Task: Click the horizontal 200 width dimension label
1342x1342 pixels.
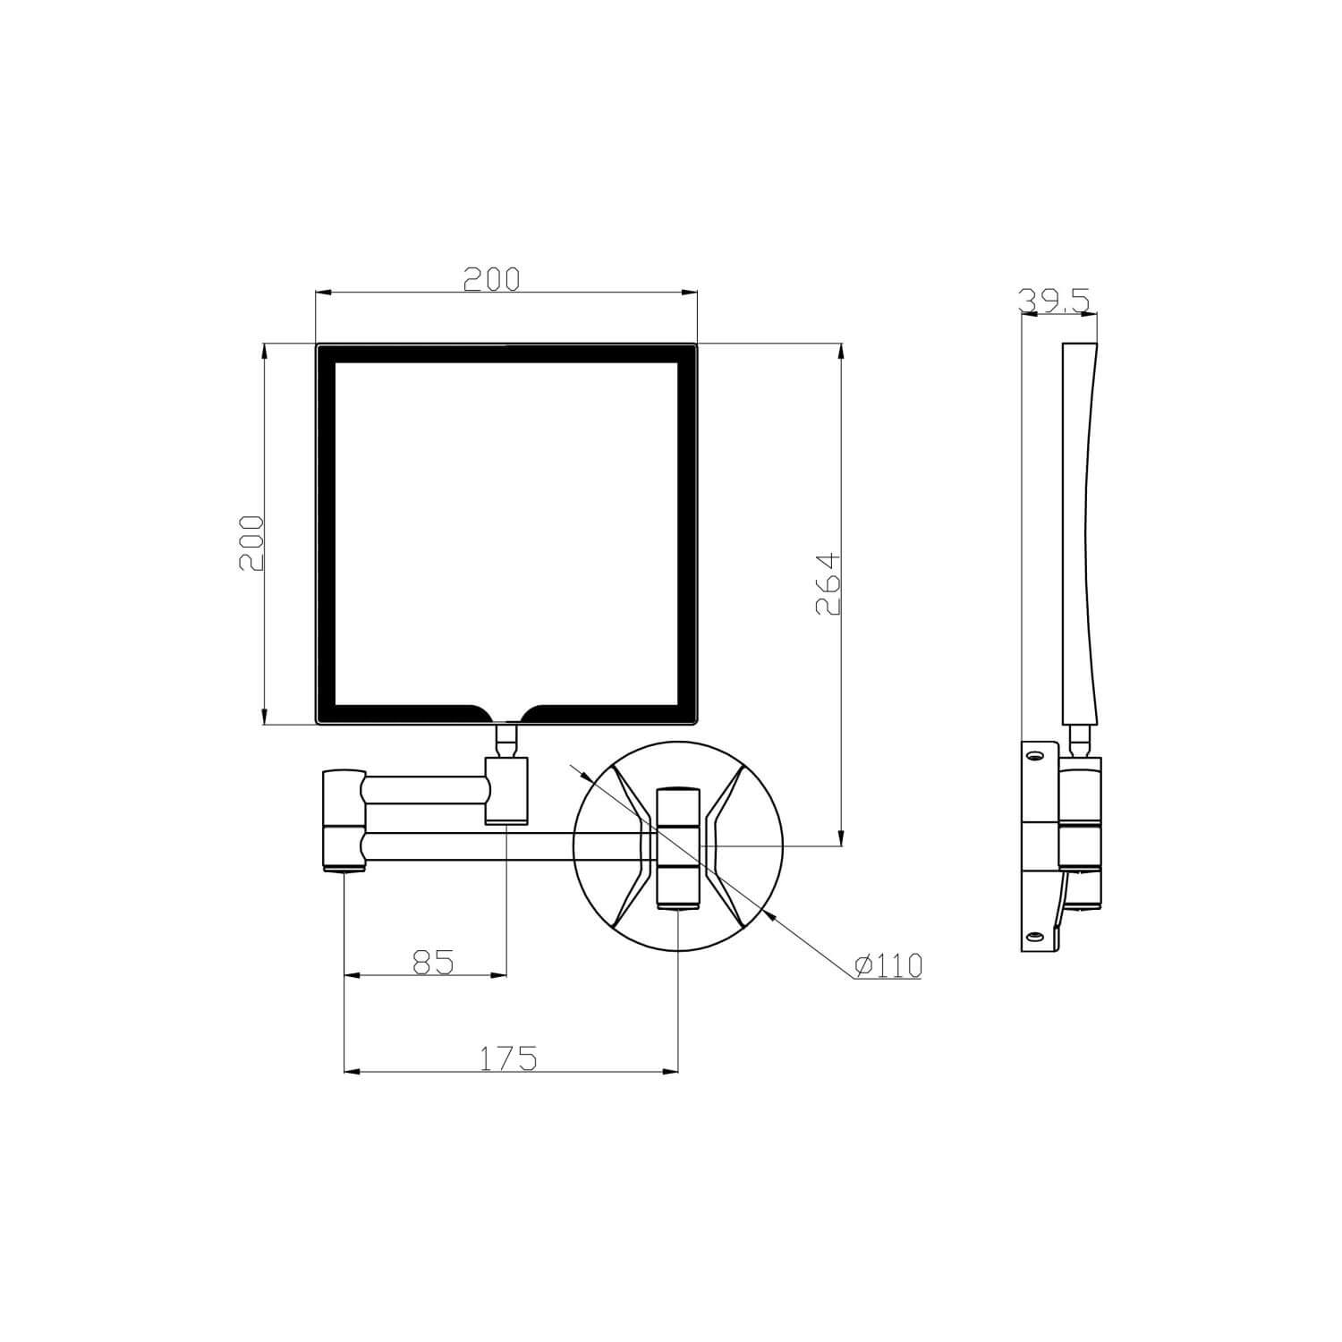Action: click(x=491, y=279)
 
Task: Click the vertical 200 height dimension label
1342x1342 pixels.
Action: click(x=251, y=543)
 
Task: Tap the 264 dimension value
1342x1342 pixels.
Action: click(x=828, y=583)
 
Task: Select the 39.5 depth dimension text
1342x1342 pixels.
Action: click(x=1056, y=301)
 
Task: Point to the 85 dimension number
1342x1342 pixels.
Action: click(x=434, y=962)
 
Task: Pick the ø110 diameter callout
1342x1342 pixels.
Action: click(x=888, y=965)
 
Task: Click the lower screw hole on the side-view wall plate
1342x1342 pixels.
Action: click(x=1035, y=936)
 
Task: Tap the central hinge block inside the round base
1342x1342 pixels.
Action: click(x=679, y=847)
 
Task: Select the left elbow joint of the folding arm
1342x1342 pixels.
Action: click(x=344, y=820)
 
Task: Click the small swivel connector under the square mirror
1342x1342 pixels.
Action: click(x=507, y=740)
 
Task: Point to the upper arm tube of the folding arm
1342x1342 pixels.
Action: click(x=426, y=790)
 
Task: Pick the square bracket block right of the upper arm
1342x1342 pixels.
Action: click(x=506, y=789)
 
